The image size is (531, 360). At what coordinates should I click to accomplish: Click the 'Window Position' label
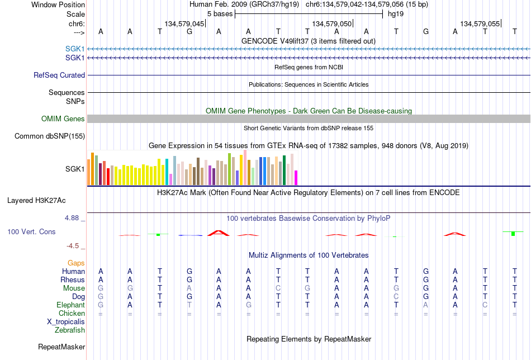58,4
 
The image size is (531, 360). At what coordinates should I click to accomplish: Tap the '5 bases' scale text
220,14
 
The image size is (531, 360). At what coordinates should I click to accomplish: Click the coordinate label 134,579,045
184,23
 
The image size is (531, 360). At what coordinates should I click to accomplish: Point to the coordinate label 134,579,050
332,23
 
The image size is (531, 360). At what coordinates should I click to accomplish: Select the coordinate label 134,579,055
480,23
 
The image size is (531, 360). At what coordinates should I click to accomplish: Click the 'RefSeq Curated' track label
59,75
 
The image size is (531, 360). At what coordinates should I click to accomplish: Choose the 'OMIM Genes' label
63,119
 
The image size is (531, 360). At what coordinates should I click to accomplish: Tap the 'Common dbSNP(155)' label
50,136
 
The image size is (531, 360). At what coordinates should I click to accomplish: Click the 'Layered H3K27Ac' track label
36,201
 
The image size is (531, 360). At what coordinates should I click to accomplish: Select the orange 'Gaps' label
76,263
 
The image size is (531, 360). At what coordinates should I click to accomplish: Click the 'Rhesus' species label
73,280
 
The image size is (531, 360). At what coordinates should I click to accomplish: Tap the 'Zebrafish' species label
70,330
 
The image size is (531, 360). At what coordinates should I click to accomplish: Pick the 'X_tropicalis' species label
66,322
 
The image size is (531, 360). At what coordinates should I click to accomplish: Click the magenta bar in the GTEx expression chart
296,178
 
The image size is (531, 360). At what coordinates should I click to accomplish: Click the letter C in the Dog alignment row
396,297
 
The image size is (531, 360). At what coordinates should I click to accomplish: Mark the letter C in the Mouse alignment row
278,288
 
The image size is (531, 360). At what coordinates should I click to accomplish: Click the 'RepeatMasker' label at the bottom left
61,347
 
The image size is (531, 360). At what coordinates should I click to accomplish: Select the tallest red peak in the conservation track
219,233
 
